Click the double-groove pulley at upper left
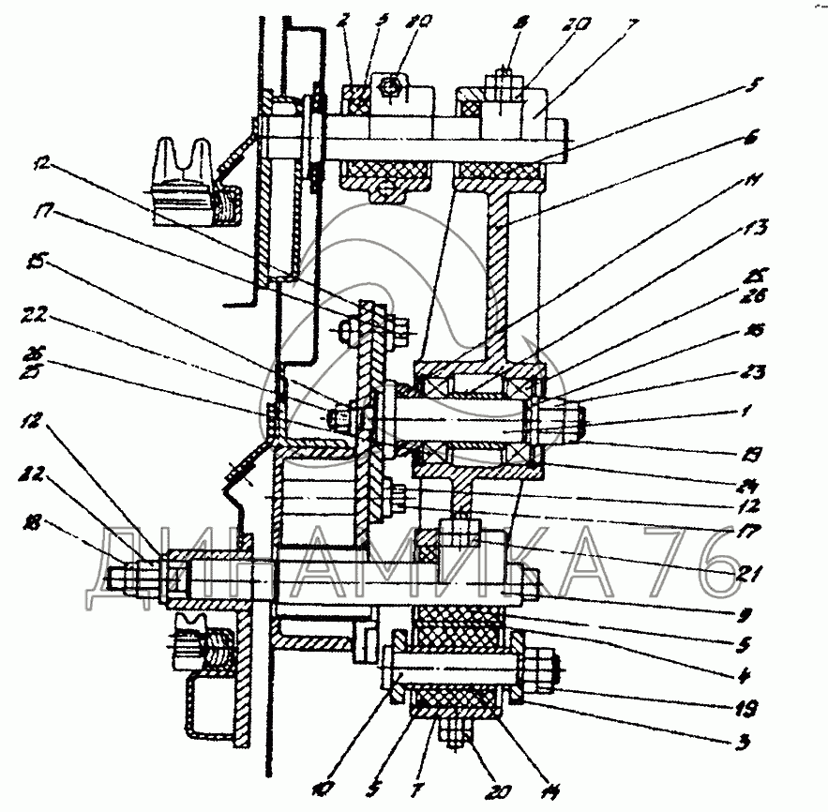(179, 177)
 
